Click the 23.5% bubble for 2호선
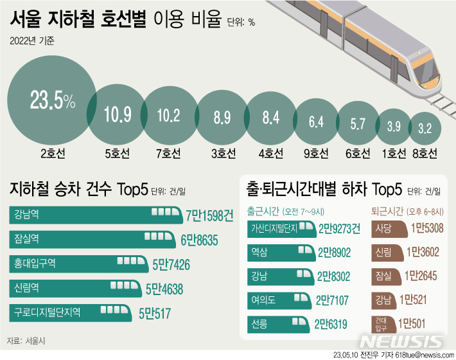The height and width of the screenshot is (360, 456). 51,101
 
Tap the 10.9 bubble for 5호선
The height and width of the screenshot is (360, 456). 118,116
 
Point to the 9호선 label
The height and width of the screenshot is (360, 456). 316,154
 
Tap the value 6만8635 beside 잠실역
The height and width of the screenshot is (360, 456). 200,239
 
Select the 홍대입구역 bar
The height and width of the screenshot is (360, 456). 80,263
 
